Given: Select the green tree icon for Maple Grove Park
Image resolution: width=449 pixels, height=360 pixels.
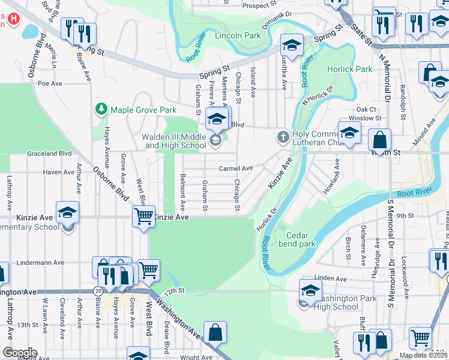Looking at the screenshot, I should (x=101, y=109).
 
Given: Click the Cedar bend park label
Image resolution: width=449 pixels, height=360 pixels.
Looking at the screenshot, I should (x=301, y=239).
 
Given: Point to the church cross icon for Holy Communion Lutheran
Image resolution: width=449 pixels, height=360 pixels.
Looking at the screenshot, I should (x=283, y=137).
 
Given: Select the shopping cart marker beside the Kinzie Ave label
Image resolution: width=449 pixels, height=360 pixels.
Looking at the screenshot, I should (x=143, y=215).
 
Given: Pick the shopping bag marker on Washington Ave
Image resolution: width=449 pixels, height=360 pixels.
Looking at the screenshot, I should (x=215, y=332).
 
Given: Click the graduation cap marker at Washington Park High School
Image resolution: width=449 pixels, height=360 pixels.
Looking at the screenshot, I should (x=310, y=290).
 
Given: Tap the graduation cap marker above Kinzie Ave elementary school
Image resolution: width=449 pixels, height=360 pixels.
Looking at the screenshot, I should (x=67, y=211).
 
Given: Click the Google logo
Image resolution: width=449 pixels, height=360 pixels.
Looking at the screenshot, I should (x=20, y=353).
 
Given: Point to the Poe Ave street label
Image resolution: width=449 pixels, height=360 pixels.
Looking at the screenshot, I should (x=50, y=84).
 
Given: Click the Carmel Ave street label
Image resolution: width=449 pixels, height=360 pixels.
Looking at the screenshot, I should (x=235, y=169).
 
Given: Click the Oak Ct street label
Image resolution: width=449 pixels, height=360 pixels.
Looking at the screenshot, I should (x=366, y=109).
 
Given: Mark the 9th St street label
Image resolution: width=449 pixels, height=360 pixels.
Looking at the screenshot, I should (x=406, y=215).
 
